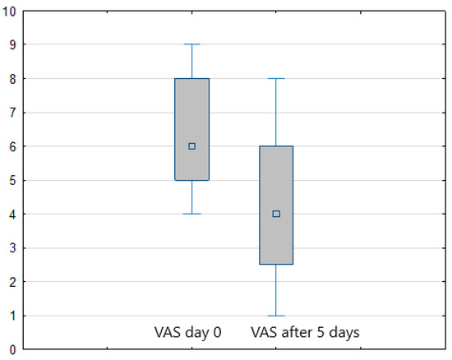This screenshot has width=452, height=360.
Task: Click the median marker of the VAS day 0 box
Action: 191,146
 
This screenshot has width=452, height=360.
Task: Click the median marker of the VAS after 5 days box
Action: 276,214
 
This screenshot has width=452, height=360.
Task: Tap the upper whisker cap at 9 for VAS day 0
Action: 191,44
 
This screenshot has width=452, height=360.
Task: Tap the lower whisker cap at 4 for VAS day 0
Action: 191,214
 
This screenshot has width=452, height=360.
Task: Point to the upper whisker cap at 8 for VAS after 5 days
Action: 276,79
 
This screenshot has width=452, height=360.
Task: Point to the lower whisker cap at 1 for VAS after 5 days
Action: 276,316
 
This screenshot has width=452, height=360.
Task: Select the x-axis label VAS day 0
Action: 188,333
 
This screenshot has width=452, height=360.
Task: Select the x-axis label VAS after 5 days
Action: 305,333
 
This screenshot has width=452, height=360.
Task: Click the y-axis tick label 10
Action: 10,11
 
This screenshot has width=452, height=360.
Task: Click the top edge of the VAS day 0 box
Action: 191,79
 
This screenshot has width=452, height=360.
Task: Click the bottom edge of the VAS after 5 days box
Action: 276,265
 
